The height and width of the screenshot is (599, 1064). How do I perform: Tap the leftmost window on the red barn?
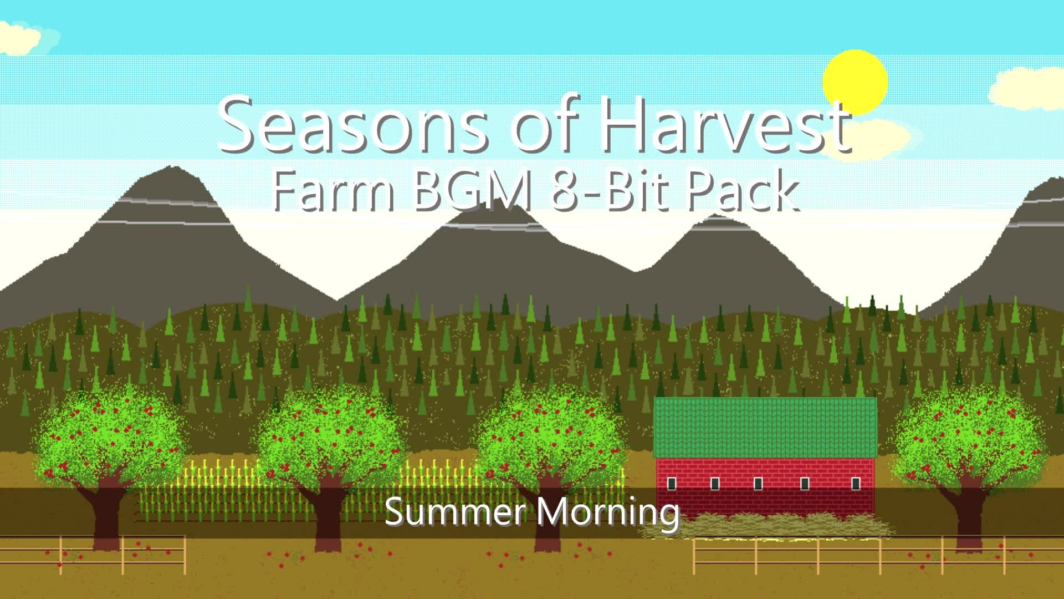click(672, 484)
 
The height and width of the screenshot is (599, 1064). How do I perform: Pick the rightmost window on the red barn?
click(856, 484)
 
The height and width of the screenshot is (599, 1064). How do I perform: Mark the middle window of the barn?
click(758, 484)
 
